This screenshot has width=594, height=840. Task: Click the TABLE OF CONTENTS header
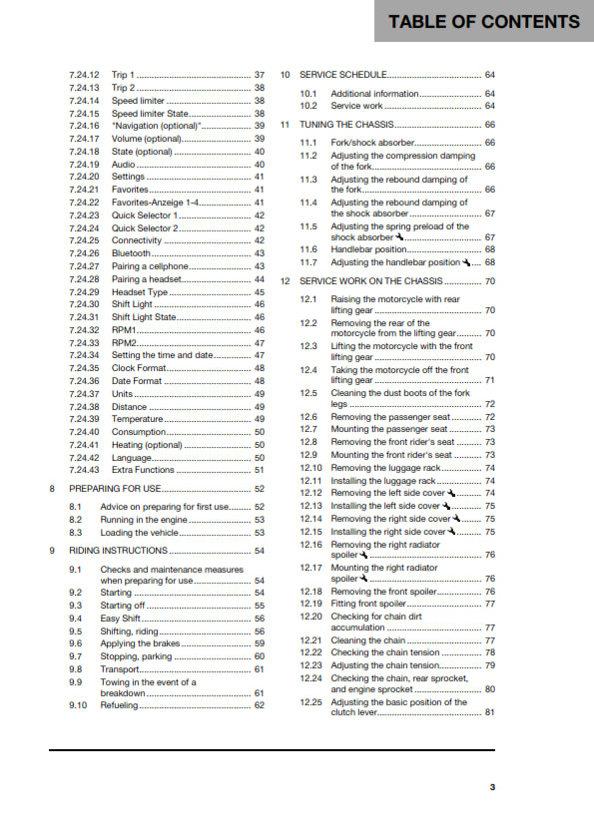484,21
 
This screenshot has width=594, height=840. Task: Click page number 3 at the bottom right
492,787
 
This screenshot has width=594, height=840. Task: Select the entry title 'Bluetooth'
132,253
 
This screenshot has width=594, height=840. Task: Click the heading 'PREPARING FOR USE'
114,489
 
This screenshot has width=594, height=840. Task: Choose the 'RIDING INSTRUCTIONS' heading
118,550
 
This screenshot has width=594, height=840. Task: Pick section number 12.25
311,701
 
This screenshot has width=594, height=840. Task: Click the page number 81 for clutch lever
489,712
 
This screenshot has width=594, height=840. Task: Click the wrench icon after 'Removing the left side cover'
451,493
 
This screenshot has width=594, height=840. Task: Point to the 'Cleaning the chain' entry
367,640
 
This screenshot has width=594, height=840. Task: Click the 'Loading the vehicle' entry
140,533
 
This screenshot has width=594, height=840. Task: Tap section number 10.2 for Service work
308,106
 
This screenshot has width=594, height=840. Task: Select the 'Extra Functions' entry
144,469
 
